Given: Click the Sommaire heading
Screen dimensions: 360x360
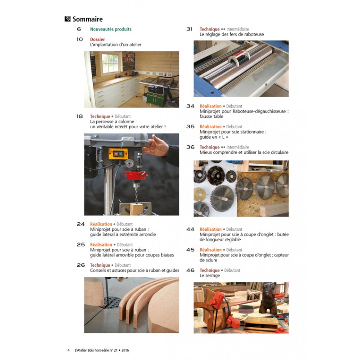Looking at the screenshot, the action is tap(87, 19).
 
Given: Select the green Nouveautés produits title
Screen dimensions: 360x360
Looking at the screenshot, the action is tap(111, 29).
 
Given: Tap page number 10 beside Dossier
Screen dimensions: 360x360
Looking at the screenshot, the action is tap(80, 39).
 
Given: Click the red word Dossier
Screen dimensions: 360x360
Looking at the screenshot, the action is tap(97, 39).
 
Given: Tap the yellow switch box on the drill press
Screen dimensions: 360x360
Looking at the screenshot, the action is tap(118, 153).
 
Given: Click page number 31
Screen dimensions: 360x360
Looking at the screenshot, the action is tap(189, 29).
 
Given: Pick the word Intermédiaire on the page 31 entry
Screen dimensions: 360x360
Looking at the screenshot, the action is tap(238, 29).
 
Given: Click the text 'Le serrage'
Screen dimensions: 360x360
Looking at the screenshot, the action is tap(210, 275).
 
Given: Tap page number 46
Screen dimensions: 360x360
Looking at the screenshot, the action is tap(190, 270).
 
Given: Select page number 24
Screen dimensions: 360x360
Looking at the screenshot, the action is tap(81, 224).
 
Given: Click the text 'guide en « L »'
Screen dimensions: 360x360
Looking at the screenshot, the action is tap(214, 137).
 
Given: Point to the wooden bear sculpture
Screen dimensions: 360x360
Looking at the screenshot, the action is tap(269, 298).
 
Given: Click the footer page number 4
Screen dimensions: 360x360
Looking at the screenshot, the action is tap(68, 351).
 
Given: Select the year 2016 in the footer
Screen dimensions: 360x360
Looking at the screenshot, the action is tap(125, 351).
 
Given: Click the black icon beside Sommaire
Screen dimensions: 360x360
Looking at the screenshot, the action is tap(67, 19).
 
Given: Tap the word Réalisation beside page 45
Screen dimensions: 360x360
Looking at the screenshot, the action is tap(211, 250).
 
